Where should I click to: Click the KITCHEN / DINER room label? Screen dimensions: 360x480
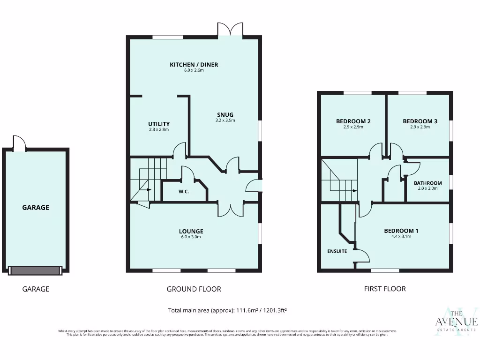tap(194, 65)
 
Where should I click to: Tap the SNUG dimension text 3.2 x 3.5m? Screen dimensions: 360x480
tap(225, 120)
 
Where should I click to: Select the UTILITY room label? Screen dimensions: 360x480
tap(158, 124)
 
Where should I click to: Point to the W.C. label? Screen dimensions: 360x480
tap(184, 191)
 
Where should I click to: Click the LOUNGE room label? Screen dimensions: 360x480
tap(191, 231)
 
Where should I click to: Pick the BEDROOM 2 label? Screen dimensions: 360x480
tap(353, 121)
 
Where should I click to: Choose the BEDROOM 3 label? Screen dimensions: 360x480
tap(420, 121)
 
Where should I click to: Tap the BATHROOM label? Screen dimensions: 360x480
tap(427, 183)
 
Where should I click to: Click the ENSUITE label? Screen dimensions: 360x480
tap(337, 251)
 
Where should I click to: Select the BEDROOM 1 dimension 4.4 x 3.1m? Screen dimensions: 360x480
tap(401, 237)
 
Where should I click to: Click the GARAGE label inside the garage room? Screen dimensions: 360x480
tap(36, 207)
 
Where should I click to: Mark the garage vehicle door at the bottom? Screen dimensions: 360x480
tap(35, 270)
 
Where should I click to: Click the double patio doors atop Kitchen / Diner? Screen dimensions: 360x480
tap(230, 30)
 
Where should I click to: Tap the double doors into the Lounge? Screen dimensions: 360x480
tap(230, 209)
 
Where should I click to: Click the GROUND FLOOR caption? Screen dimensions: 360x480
tap(194, 289)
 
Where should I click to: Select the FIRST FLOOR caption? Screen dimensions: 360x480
tap(385, 289)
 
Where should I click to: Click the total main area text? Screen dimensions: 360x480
tap(227, 310)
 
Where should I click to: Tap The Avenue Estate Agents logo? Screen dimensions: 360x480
tap(456, 322)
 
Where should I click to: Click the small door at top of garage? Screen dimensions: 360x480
tap(19, 143)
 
